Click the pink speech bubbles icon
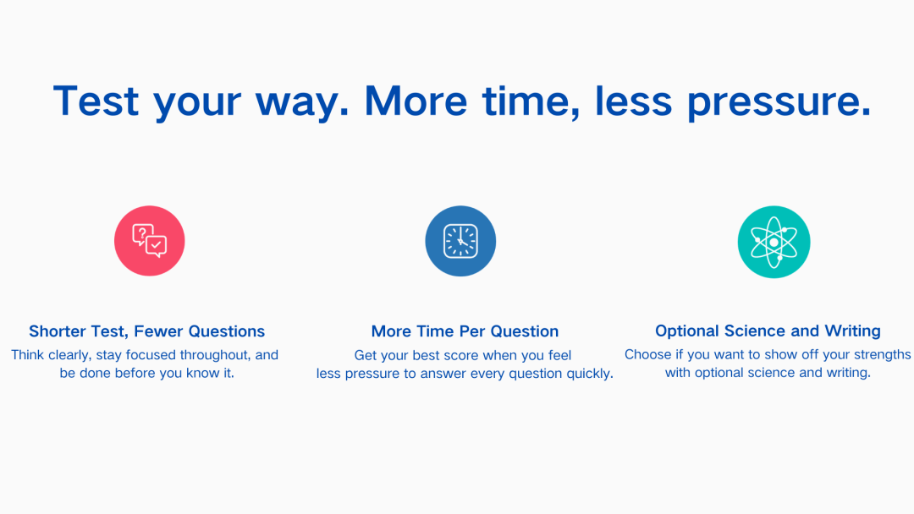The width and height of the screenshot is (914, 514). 149,240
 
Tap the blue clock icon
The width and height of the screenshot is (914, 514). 460,240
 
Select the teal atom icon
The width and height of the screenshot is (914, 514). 774,242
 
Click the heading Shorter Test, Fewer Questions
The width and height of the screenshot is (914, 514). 147,331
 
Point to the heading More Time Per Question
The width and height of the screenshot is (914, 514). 465,331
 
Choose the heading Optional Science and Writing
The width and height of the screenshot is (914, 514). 768,331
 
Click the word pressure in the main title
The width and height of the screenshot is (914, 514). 779,101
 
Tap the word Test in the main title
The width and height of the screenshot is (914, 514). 96,101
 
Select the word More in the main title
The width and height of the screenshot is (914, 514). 416,101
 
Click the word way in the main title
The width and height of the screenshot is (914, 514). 302,103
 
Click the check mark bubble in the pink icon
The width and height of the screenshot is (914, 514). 157,246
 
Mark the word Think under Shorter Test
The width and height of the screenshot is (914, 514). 27,354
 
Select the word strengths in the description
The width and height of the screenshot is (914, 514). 882,354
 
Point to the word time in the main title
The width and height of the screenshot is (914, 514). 531,101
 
